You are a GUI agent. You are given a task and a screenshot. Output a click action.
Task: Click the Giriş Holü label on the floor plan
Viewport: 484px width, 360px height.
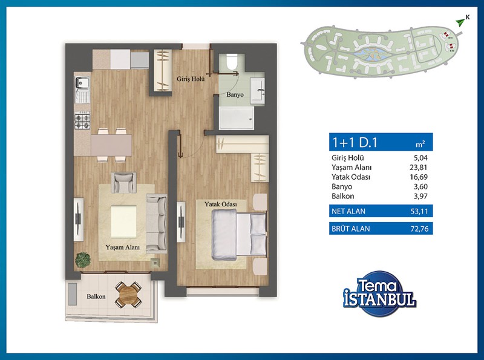191,79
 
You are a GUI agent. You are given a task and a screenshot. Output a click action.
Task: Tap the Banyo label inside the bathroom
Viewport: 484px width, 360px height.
235,94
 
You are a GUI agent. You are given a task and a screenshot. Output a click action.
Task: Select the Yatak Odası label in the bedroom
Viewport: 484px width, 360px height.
220,204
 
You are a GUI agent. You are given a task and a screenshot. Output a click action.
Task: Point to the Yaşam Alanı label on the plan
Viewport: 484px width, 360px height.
123,247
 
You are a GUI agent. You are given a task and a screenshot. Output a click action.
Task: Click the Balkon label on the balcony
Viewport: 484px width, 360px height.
96,296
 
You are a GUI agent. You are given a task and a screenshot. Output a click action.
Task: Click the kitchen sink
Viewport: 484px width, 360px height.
82,90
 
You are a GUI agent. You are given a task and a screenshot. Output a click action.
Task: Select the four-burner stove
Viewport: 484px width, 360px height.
82,121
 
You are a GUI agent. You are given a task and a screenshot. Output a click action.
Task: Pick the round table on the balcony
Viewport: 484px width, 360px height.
128,295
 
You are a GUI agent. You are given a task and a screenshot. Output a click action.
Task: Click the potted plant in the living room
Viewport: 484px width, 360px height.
83,260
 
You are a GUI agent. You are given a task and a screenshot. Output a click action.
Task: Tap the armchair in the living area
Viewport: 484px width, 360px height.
123,183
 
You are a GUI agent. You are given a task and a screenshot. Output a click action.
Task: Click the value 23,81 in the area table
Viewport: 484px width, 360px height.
418,168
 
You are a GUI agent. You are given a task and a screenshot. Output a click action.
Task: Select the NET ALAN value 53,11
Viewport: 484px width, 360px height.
419,212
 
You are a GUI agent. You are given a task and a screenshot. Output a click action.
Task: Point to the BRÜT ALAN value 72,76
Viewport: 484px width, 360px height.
419,229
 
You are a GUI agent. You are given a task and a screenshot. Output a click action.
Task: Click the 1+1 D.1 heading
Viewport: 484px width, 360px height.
355,142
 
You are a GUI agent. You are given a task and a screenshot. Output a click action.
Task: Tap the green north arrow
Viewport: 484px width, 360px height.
460,22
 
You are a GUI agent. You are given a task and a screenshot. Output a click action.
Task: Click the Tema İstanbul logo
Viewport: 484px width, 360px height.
379,293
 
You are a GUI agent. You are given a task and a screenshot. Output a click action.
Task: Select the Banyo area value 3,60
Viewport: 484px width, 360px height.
420,186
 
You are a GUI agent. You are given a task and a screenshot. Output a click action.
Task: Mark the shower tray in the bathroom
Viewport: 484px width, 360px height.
237,118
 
